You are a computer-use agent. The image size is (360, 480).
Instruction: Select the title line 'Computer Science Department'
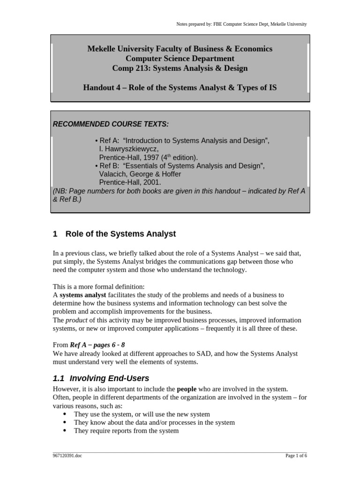pos(180,59)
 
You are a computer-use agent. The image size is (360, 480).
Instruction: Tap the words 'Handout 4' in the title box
pos(99,88)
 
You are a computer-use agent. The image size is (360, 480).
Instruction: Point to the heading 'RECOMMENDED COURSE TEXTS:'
pos(111,124)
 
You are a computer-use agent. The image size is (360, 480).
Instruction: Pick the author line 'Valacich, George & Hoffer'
pos(140,174)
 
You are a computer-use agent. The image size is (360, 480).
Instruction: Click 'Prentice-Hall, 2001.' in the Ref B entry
pos(130,182)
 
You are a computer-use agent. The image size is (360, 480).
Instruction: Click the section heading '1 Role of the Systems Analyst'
pos(114,233)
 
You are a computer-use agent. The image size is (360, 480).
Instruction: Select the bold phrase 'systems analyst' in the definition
pos(83,295)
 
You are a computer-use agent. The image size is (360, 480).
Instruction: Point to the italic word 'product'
pos(76,320)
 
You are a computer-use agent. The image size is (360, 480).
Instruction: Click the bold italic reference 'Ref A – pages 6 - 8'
pos(97,345)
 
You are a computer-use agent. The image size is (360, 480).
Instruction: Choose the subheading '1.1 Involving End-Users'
pos(101,378)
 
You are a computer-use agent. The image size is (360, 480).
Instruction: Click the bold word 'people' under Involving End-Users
pos(187,389)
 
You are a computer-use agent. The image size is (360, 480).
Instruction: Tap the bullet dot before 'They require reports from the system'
pos(65,431)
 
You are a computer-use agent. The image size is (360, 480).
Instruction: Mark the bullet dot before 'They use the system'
pos(65,414)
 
